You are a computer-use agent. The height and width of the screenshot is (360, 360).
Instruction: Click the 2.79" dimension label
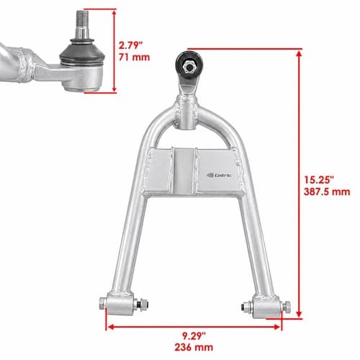point(130,45)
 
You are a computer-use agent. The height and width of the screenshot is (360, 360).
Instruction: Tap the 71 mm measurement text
point(134,58)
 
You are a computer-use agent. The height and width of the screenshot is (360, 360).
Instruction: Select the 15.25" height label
point(319,180)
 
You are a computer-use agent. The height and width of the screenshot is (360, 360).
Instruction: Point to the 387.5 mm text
point(327,192)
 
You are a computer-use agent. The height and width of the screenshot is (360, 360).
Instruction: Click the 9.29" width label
point(194,336)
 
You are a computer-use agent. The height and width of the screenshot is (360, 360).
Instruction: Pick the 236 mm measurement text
point(194,347)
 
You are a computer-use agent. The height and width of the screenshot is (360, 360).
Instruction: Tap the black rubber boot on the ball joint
point(82,53)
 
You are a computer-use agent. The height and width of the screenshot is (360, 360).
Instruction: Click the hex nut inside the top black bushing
point(189,67)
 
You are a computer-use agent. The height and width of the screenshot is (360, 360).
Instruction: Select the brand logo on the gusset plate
point(219,176)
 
